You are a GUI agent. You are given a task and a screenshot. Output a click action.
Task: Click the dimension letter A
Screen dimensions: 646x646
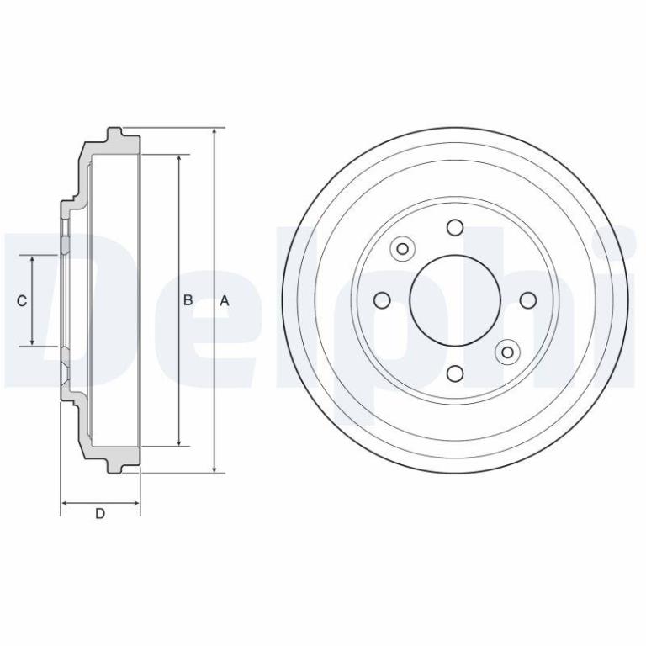[224, 301]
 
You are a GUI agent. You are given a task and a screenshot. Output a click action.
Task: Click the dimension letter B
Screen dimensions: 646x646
[188, 300]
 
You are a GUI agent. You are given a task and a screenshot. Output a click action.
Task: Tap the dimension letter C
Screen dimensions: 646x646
[22, 301]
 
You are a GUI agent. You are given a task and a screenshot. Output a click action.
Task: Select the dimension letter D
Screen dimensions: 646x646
[100, 514]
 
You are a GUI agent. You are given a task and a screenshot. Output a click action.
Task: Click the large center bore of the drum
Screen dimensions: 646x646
[455, 300]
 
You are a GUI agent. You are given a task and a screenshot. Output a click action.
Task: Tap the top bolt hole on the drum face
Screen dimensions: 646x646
[455, 227]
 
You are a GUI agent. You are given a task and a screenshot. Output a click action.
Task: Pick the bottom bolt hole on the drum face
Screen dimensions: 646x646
[455, 373]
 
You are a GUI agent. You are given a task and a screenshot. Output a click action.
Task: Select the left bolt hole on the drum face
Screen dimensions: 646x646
[382, 300]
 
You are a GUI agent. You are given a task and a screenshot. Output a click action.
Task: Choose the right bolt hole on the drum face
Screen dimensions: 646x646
[528, 300]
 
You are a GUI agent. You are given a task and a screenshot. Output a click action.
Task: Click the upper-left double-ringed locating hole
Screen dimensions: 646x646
[403, 249]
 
